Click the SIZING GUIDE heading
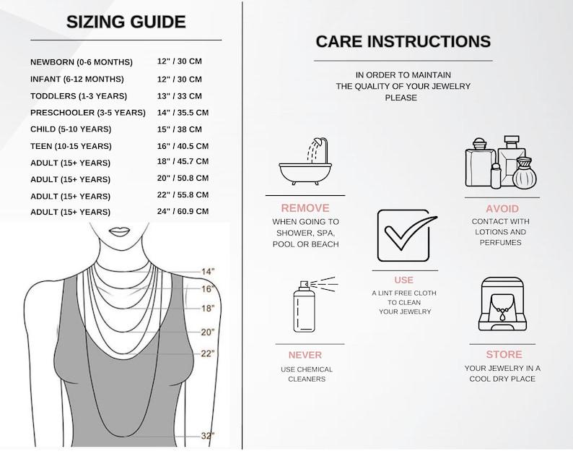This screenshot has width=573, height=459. click(126, 22)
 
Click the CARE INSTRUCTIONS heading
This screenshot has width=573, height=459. click(403, 41)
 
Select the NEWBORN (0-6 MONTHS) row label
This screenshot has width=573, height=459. click(82, 62)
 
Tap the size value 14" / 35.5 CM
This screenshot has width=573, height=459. click(183, 113)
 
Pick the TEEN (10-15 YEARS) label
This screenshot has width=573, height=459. click(71, 147)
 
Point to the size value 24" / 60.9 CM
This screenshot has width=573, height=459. click(183, 211)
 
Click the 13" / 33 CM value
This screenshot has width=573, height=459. click(180, 96)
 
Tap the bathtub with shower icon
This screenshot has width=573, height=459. click(305, 161)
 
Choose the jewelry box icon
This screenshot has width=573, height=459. click(503, 304)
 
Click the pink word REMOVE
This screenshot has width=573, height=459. click(305, 208)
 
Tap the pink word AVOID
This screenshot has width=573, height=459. click(502, 209)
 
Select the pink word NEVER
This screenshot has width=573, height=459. click(305, 355)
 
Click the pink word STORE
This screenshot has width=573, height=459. click(504, 354)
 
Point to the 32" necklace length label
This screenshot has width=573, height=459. click(208, 436)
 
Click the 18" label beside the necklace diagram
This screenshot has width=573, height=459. click(208, 308)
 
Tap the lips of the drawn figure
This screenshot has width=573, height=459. click(120, 232)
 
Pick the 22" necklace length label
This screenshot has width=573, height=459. click(208, 353)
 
